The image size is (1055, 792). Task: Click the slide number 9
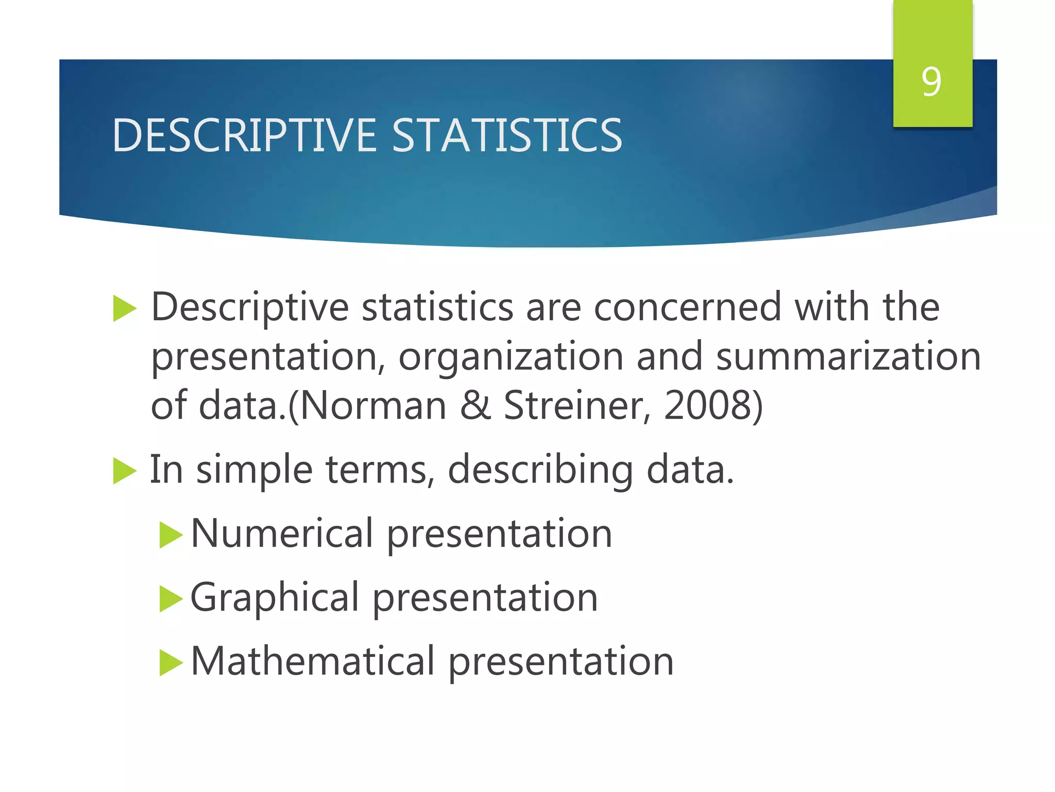pyautogui.click(x=931, y=81)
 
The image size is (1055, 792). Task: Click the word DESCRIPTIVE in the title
pyautogui.click(x=245, y=135)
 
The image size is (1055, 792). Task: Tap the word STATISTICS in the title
pyautogui.click(x=507, y=135)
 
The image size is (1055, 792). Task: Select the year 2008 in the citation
pyautogui.click(x=708, y=405)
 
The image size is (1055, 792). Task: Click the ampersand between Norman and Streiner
pyautogui.click(x=475, y=405)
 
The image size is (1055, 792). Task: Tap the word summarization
pyautogui.click(x=848, y=357)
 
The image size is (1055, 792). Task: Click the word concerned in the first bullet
pyautogui.click(x=687, y=307)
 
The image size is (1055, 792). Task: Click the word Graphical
pyautogui.click(x=275, y=598)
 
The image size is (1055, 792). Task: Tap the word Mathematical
pyautogui.click(x=313, y=661)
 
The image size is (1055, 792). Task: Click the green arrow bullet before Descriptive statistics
pyautogui.click(x=124, y=309)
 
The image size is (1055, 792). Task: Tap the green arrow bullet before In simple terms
pyautogui.click(x=124, y=471)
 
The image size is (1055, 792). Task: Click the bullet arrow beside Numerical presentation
pyautogui.click(x=171, y=535)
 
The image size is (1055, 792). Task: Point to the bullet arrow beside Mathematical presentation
pyautogui.click(x=171, y=663)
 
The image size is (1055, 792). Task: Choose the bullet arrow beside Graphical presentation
pyautogui.click(x=171, y=599)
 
